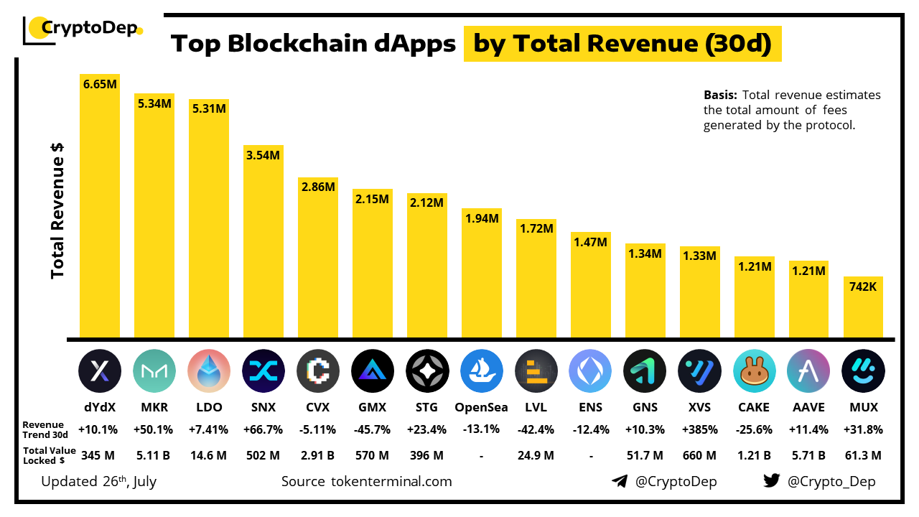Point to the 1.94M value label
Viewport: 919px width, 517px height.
[481, 218]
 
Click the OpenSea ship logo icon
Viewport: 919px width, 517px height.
[481, 371]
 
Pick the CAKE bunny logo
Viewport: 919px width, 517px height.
[754, 371]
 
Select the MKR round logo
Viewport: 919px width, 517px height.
[154, 371]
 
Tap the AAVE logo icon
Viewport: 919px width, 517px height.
[808, 371]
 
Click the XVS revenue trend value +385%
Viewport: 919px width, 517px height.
[699, 430]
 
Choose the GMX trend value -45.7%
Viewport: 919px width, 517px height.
[372, 430]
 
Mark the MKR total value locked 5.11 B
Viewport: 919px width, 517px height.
[154, 455]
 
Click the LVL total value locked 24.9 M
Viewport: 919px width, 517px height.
[536, 455]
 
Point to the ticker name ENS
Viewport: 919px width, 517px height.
[590, 407]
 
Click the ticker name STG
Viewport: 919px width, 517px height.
[426, 407]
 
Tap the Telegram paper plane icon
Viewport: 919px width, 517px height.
[620, 481]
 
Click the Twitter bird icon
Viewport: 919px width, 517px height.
[772, 481]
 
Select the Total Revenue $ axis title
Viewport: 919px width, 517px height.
[58, 209]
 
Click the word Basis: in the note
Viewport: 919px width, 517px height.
[720, 95]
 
